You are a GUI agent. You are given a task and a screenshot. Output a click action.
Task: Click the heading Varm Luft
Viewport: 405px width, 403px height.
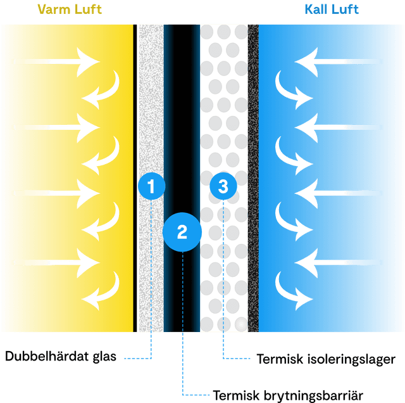coord(70,9)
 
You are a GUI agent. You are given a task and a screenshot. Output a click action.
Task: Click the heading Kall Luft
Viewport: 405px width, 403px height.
coord(331,9)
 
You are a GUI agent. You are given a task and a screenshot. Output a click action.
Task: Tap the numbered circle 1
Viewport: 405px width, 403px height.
coord(151,186)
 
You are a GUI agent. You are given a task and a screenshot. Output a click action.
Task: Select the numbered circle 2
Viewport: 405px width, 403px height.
coord(182,232)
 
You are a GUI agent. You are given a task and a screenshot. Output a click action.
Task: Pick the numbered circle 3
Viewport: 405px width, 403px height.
coord(223,186)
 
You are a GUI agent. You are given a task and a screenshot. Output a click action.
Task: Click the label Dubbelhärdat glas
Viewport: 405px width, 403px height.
coord(61,357)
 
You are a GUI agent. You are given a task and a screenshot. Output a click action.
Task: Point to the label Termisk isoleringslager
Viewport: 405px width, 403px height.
coord(326,359)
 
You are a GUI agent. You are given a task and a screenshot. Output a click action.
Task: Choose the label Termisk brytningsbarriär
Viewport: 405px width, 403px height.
coord(288,395)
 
